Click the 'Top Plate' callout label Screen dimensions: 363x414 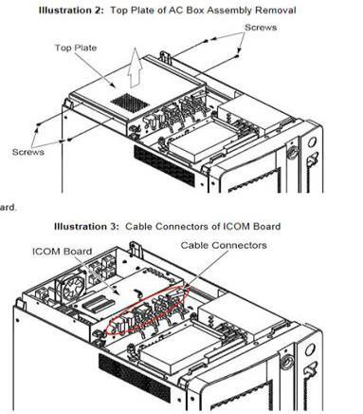coord(76,47)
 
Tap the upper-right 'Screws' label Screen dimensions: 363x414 coord(261,28)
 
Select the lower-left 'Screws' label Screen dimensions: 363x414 coord(28,152)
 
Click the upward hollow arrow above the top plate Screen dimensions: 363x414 coord(135,67)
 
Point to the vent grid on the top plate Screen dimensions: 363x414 coord(130,103)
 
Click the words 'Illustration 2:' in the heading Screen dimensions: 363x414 coord(71,10)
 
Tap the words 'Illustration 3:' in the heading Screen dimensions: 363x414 coord(86,227)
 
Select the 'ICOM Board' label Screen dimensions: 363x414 coord(63,252)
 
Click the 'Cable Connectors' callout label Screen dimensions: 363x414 coord(224,245)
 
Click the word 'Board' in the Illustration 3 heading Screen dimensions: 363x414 coord(264,227)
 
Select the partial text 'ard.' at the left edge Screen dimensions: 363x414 coord(8,208)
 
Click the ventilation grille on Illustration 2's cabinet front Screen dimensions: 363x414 coord(164,165)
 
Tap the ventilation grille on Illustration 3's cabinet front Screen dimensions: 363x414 coord(135,378)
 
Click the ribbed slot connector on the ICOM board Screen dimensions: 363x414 coord(97,303)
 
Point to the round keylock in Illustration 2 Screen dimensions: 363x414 coord(292,153)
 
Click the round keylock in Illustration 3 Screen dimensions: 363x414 coord(287,362)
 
